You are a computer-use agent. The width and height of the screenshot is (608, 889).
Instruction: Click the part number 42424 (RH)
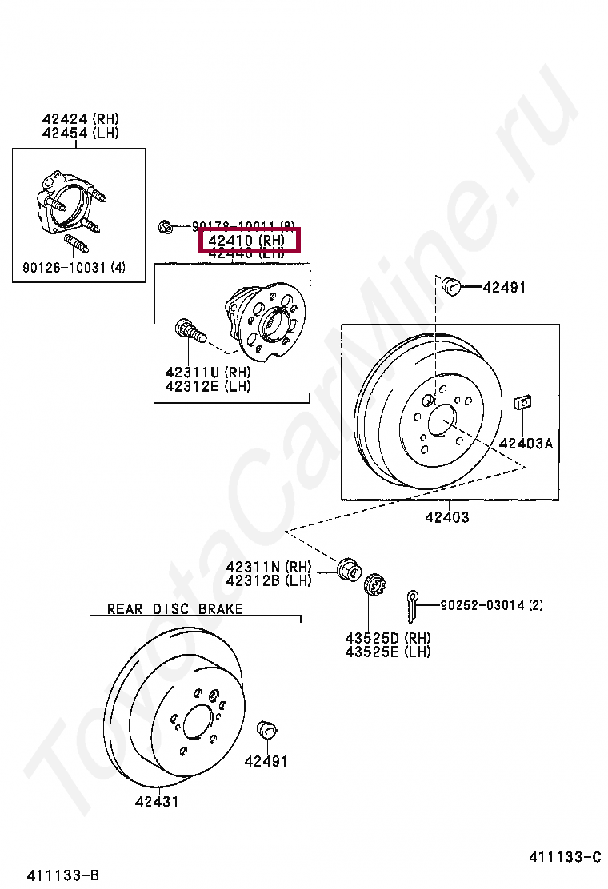click(80, 119)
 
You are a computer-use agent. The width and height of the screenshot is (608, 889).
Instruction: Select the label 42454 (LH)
click(80, 133)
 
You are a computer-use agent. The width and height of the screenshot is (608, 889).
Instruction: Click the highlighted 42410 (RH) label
click(248, 239)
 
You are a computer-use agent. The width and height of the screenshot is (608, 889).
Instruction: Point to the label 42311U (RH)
click(208, 373)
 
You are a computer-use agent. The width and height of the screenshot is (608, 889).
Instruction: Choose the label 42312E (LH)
click(208, 386)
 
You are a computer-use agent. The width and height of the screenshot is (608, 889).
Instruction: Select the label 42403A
click(526, 443)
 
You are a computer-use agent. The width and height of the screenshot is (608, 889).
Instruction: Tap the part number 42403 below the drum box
click(446, 516)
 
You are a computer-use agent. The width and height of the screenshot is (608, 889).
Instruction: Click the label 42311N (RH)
click(268, 567)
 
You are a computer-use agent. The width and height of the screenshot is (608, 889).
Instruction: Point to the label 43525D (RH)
click(388, 638)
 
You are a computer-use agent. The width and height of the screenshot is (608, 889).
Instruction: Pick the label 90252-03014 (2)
click(491, 605)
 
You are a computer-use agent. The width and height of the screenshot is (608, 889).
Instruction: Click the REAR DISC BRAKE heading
click(176, 609)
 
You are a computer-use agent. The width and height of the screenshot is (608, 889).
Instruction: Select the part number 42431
click(157, 801)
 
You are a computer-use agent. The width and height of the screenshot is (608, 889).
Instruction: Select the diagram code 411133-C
click(564, 857)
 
